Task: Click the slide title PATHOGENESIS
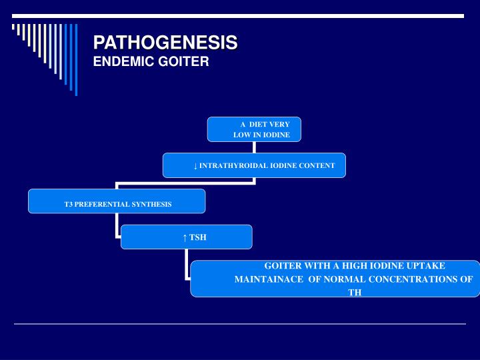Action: click(x=165, y=43)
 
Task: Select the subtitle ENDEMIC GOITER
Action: click(x=151, y=62)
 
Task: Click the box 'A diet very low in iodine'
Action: click(x=254, y=129)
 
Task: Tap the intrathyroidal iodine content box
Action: click(x=254, y=165)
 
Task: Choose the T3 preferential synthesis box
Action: click(x=117, y=201)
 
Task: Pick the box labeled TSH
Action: click(x=186, y=237)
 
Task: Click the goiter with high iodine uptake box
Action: click(x=335, y=278)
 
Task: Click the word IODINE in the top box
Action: click(x=277, y=135)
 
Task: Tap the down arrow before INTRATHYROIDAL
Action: click(x=195, y=165)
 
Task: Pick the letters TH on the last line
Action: click(x=355, y=292)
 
